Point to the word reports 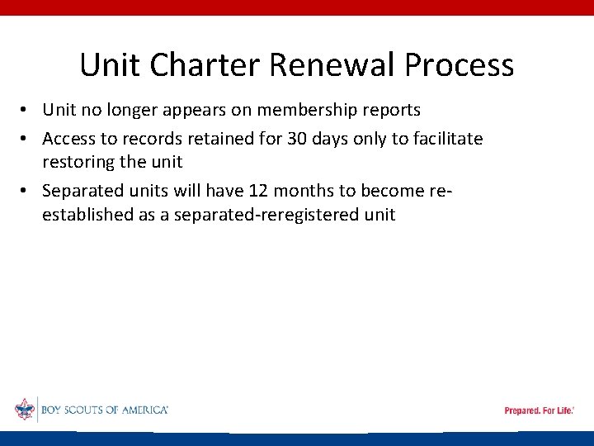389,110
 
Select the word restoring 81,162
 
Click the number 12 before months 257,192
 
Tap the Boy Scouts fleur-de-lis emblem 25,409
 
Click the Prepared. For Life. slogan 539,410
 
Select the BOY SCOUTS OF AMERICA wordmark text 104,410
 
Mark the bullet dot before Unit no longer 26,111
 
